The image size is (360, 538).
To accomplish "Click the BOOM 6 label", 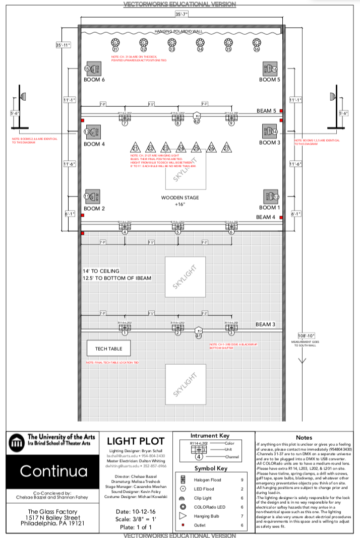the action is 94,80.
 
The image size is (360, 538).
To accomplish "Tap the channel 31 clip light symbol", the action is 115,42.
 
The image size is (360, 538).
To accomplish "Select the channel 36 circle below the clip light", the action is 257,49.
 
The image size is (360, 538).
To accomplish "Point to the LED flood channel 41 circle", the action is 198,336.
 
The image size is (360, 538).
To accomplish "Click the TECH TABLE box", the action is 108,348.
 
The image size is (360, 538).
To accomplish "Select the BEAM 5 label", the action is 266,111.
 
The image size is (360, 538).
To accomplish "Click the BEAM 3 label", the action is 266,324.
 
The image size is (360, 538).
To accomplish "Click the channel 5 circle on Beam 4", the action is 177,232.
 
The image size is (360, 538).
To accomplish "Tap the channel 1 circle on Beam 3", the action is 125,332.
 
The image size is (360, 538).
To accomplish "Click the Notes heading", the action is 304,438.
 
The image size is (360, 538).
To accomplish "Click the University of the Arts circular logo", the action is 17,443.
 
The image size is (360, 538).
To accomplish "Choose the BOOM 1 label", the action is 268,208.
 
